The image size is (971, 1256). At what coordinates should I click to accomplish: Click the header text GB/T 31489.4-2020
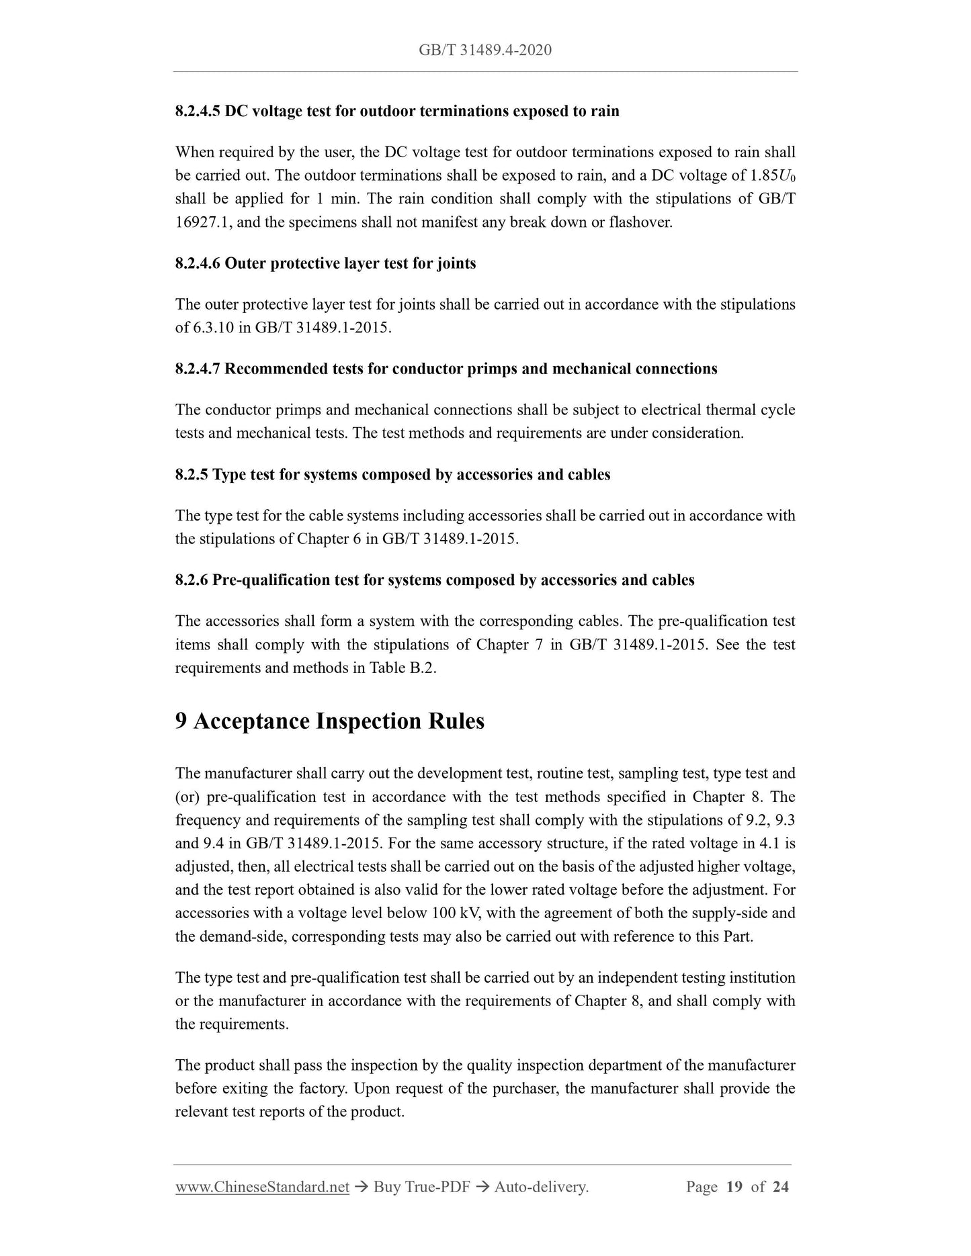pos(485,50)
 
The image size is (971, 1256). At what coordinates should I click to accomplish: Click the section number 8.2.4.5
pos(198,111)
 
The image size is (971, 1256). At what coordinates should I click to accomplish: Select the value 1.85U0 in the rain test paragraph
pos(772,176)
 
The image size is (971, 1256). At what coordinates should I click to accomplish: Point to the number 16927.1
pos(201,222)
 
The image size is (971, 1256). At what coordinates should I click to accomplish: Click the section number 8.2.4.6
pos(198,263)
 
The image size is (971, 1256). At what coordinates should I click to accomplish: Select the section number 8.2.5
pos(192,475)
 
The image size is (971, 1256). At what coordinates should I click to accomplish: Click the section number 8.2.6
pos(192,580)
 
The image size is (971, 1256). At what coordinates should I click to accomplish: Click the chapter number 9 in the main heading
pos(181,721)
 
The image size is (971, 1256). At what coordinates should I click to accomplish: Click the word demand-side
pos(241,936)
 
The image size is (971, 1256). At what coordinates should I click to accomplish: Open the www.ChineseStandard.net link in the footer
pos(262,1187)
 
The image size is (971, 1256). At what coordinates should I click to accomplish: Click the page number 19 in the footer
pos(734,1187)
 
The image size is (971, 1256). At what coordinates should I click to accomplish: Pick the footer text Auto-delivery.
pos(541,1187)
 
